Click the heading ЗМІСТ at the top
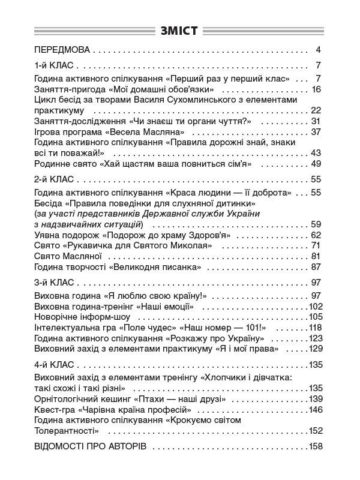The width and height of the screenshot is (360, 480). click(x=180, y=31)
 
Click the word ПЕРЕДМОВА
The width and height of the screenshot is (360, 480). click(x=62, y=50)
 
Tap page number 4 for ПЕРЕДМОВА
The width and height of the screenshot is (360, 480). click(x=319, y=50)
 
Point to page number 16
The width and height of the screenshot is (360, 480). click(x=317, y=90)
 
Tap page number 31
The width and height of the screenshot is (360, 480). click(x=317, y=121)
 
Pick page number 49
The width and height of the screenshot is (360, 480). click(x=317, y=163)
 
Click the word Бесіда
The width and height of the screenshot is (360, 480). click(x=49, y=203)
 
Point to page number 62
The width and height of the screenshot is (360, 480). click(x=317, y=235)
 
